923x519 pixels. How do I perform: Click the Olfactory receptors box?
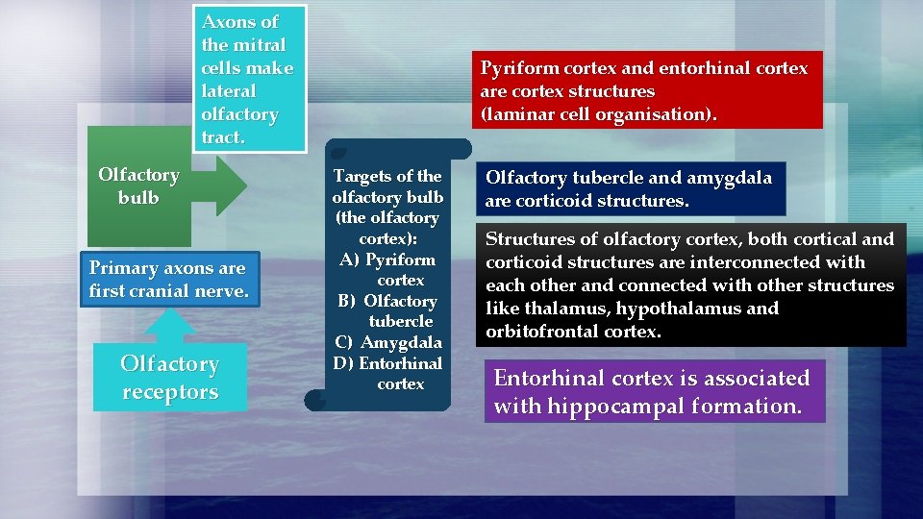[170, 378]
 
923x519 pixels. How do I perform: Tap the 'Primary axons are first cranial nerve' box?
[166, 279]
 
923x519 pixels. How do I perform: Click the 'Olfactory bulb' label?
[138, 185]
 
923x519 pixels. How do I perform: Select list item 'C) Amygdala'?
[388, 342]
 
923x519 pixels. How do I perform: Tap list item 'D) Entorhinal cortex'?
[388, 373]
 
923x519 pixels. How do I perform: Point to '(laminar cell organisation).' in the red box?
[598, 114]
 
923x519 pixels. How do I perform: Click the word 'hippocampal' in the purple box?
[610, 406]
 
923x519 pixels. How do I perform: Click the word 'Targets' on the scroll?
[360, 176]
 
